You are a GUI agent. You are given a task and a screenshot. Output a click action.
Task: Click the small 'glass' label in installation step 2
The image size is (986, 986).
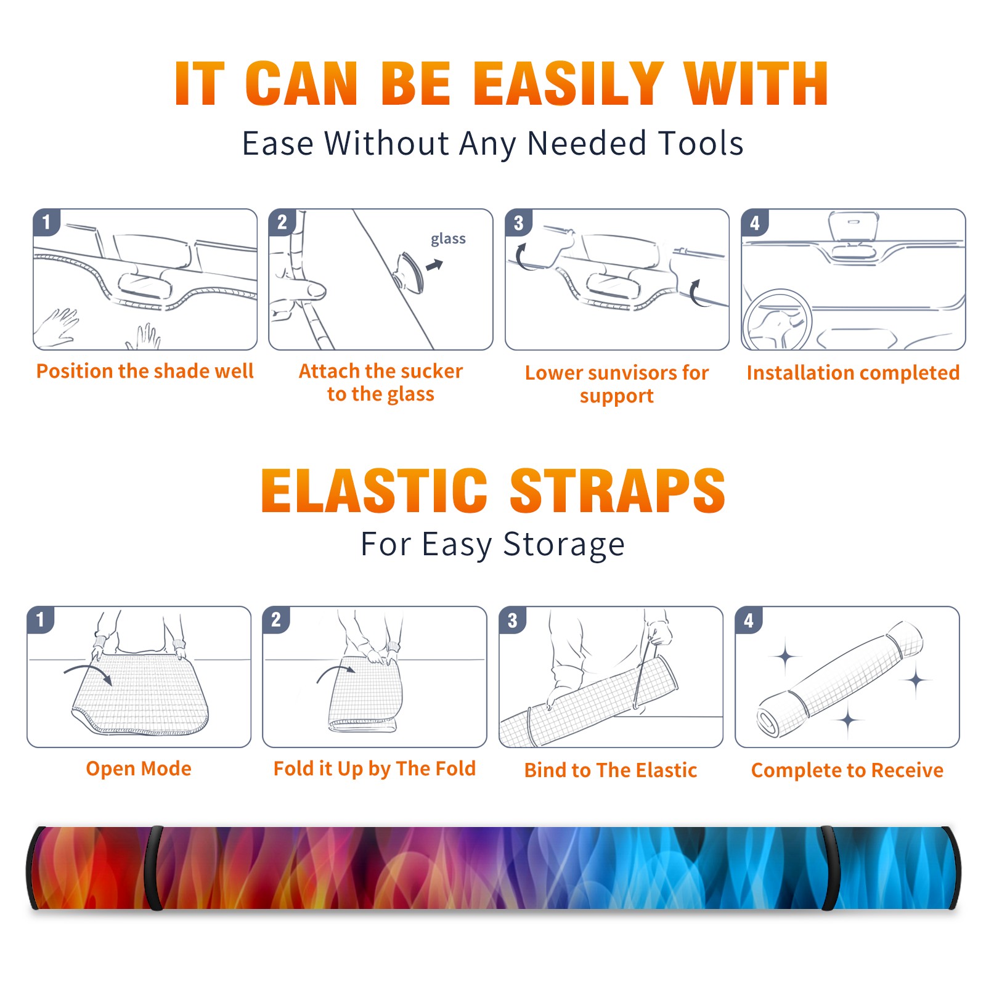pos(448,239)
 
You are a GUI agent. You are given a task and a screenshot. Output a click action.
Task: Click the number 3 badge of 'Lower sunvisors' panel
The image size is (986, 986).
pos(518,223)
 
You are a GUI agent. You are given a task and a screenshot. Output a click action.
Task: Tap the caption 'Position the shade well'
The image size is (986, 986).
pos(145,371)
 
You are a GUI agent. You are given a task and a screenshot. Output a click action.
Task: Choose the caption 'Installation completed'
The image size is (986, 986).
pos(853,372)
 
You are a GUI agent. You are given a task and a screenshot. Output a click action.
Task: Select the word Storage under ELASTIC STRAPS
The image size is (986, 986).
pos(564,545)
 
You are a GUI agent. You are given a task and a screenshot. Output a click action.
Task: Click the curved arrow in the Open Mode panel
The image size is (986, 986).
pos(88,673)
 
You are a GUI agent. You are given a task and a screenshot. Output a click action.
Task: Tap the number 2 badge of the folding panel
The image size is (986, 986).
pos(275,619)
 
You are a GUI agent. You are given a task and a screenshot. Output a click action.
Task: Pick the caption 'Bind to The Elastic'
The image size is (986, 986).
pos(610,770)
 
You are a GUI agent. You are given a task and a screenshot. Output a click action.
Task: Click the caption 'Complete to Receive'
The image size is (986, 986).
pos(847,770)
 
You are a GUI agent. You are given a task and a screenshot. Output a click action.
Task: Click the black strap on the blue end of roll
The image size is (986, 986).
pos(829,868)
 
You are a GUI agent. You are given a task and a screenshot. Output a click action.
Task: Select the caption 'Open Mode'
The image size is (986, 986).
pos(139,768)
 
